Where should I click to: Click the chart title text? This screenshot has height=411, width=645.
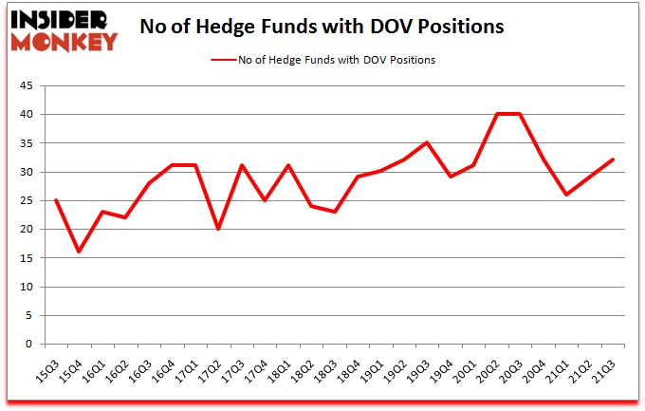click(321, 28)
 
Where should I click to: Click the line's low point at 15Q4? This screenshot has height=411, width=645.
click(79, 252)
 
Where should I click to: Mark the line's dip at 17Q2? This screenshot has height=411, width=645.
click(219, 229)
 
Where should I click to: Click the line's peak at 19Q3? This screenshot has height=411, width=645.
click(428, 142)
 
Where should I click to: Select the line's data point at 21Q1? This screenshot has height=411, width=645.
click(567, 195)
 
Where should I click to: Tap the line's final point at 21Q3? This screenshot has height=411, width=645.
click(614, 159)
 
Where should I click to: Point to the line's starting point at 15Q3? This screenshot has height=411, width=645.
click(56, 200)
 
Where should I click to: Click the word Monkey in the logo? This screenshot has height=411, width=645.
click(64, 41)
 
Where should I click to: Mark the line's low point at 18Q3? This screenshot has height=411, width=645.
click(336, 212)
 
